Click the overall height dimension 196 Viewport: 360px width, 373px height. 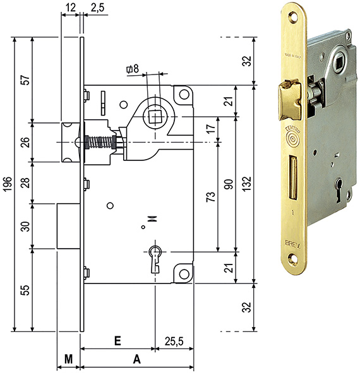(x=7, y=182)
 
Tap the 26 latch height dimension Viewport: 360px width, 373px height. (x=25, y=142)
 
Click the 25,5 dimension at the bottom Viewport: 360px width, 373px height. (x=174, y=341)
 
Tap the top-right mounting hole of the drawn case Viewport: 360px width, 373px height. (x=184, y=95)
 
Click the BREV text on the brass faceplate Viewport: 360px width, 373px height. (x=293, y=242)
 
